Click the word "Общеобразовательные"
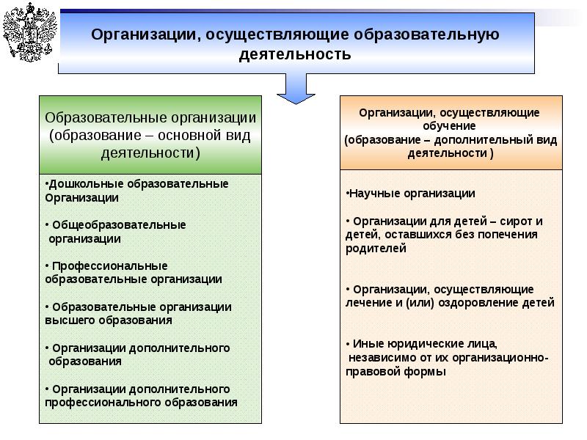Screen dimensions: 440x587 (118, 225)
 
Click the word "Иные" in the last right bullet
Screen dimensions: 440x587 (367, 343)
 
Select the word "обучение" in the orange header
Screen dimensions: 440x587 (450, 125)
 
